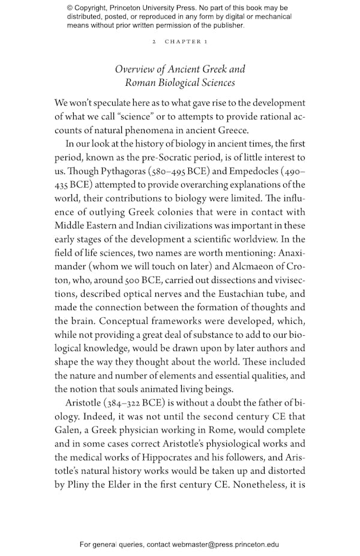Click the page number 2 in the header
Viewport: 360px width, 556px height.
[154, 41]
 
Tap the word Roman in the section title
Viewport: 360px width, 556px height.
[139, 83]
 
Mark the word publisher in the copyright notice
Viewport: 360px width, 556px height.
[226, 25]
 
